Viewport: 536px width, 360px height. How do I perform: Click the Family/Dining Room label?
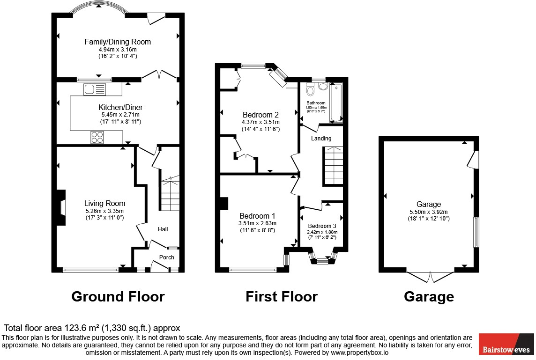point(118,42)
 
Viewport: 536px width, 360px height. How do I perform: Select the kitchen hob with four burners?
point(97,137)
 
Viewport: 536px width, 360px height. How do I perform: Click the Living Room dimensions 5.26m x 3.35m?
point(104,211)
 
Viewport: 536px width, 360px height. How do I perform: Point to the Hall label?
point(163,229)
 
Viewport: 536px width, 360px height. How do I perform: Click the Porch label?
point(166,257)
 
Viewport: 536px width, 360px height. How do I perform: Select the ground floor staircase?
point(170,193)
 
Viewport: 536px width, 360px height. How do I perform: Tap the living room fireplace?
point(61,207)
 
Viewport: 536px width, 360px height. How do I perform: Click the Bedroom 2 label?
point(261,115)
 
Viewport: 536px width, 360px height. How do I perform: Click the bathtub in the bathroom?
point(336,103)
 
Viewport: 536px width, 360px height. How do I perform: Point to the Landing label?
point(321,138)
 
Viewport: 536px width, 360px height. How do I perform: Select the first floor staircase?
point(333,166)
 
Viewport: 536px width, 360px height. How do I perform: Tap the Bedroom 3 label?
point(322,225)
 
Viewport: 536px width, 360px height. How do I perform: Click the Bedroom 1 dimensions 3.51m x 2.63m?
point(258,223)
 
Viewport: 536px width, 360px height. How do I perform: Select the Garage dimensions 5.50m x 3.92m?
point(429,211)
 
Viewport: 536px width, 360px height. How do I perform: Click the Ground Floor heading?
point(118,296)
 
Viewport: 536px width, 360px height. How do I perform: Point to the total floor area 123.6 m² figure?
point(92,328)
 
